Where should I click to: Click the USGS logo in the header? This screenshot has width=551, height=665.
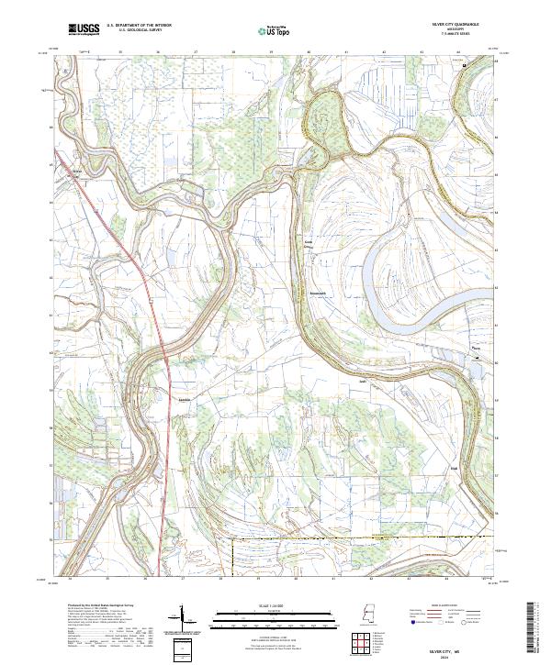click(x=84, y=30)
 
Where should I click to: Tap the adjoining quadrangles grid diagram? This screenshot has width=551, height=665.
click(x=361, y=645)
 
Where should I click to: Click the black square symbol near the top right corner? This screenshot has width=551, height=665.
click(x=465, y=65)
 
